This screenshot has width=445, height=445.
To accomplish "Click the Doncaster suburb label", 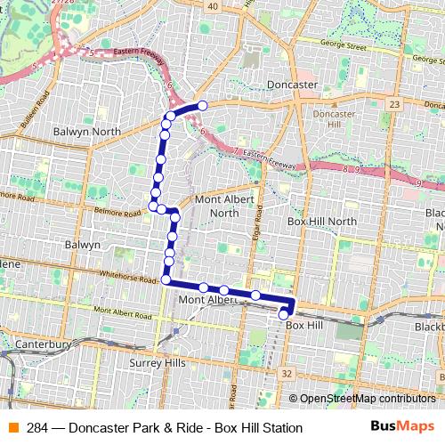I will coord(293,85).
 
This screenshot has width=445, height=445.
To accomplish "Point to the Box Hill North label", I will coord(321,221).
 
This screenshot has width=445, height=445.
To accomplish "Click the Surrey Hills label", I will coord(158,363).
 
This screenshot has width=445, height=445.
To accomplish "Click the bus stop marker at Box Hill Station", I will coord(284,313).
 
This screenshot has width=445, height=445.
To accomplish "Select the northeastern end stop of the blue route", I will coord(202,106).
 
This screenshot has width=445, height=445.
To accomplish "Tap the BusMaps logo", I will coord(403,427).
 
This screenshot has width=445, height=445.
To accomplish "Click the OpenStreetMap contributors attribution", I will coord(366,400).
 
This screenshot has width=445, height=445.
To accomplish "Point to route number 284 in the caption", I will coord(37,428).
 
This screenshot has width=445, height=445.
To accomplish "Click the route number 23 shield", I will coord(394,104).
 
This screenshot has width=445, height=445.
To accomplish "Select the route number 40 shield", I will coord(212,6).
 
